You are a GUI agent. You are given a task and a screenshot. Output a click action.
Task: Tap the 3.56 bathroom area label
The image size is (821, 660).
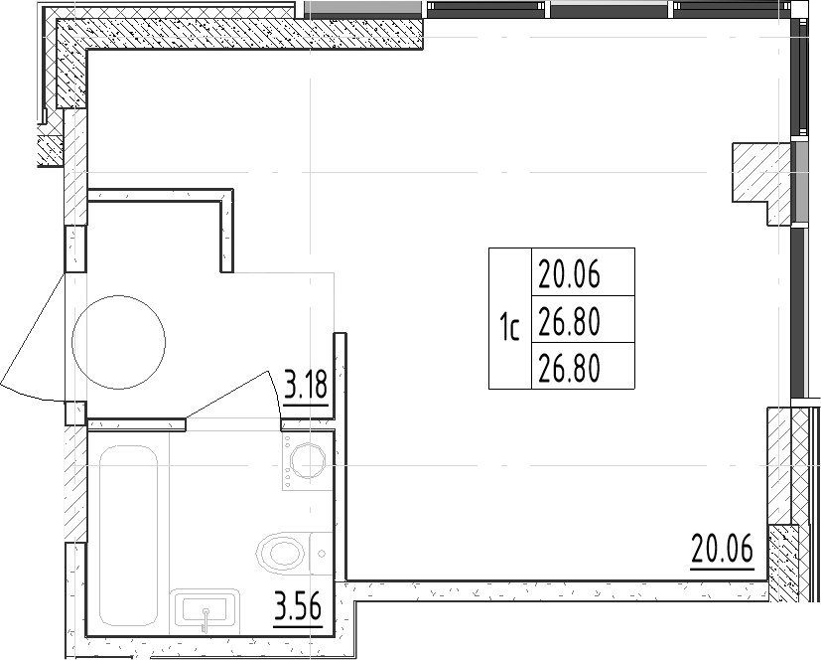(x=298, y=607)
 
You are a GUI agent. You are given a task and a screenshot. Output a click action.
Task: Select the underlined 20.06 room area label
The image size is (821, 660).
(x=722, y=549)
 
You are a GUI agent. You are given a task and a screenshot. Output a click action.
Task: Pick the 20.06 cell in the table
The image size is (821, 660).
(x=583, y=272)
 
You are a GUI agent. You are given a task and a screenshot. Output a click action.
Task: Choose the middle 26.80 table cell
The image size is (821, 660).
(x=583, y=319)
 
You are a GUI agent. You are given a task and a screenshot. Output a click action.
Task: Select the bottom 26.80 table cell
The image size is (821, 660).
(x=583, y=366)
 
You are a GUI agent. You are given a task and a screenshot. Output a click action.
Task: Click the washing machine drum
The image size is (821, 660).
(x=309, y=461)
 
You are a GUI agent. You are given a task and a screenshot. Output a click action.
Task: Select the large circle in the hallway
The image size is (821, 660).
(x=119, y=342)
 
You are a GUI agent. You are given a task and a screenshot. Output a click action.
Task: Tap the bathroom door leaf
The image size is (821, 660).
(x=226, y=395)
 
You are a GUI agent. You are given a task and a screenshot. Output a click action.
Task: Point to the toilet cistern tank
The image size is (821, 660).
(x=322, y=553)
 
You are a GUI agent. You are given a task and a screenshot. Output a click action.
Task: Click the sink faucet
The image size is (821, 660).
(x=205, y=619)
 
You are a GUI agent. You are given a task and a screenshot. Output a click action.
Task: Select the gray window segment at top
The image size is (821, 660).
(x=363, y=9)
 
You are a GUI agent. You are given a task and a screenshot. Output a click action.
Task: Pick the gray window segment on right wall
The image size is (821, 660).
(x=799, y=181)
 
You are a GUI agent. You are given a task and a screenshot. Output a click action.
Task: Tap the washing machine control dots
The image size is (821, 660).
(x=287, y=461)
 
